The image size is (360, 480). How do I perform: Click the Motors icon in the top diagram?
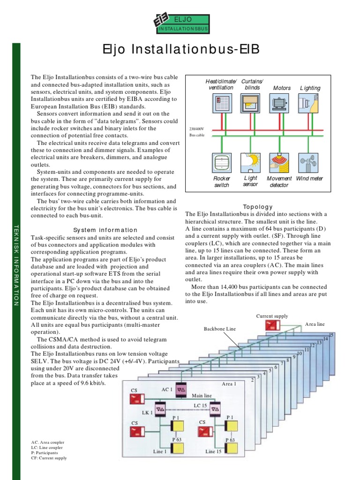pyautogui.click(x=279, y=103)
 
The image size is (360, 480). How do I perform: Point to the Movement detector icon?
pyautogui.click(x=279, y=162)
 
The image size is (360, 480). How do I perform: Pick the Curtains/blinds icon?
pyautogui.click(x=250, y=103)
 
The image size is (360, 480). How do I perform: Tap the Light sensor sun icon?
pyautogui.click(x=250, y=162)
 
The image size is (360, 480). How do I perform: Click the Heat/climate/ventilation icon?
pyautogui.click(x=221, y=103)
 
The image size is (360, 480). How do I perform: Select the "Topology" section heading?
pyautogui.click(x=258, y=207)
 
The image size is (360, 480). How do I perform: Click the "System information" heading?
pyautogui.click(x=105, y=230)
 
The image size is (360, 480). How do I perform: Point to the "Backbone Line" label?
pyautogui.click(x=219, y=329)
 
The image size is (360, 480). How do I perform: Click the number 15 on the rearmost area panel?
pyautogui.click(x=331, y=335)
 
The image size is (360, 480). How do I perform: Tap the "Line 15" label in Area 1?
pyautogui.click(x=213, y=451)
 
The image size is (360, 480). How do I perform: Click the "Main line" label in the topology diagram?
pyautogui.click(x=202, y=396)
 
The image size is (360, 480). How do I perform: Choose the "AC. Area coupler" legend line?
pyautogui.click(x=48, y=442)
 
